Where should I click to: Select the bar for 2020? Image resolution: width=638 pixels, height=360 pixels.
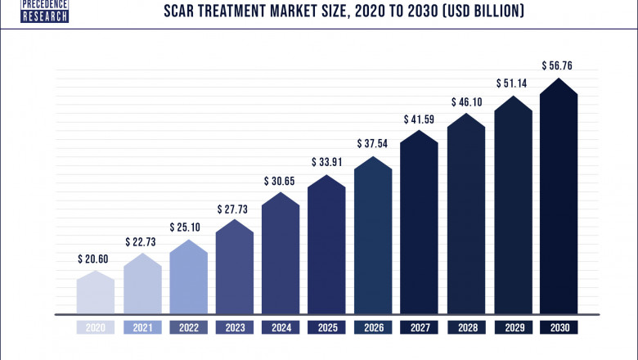pyautogui.click(x=96, y=293)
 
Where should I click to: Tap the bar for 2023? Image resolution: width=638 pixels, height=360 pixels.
pyautogui.click(x=234, y=268)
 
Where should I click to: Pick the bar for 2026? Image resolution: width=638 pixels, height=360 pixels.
pyautogui.click(x=372, y=237)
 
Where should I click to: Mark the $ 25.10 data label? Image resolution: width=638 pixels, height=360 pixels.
pyautogui.click(x=188, y=227)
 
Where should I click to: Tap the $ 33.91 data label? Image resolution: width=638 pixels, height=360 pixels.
pyautogui.click(x=327, y=162)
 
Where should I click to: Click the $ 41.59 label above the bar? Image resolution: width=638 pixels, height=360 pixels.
pyautogui.click(x=420, y=119)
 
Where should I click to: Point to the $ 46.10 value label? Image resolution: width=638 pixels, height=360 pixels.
pyautogui.click(x=466, y=101)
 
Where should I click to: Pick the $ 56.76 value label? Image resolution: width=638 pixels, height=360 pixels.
pyautogui.click(x=559, y=65)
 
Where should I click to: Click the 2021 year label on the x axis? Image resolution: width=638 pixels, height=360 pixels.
pyautogui.click(x=142, y=327)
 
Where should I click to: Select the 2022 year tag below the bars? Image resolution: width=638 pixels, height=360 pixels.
pyautogui.click(x=188, y=327)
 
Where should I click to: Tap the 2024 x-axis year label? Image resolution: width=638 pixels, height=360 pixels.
pyautogui.click(x=281, y=327)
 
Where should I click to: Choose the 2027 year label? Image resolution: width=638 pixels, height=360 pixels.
pyautogui.click(x=420, y=327)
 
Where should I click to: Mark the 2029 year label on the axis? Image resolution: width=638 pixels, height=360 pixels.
pyautogui.click(x=512, y=327)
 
